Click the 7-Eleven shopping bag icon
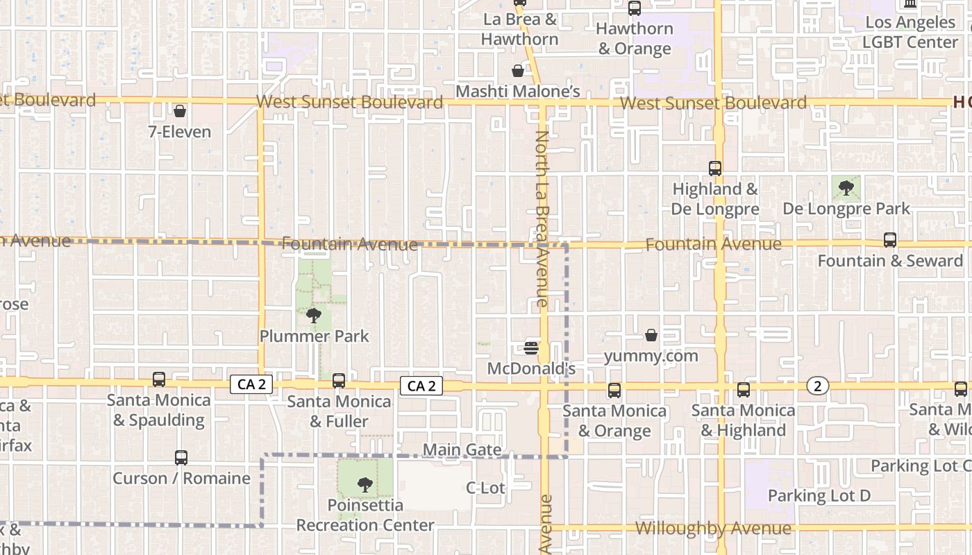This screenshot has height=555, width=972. [180, 111]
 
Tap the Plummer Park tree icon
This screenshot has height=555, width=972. [314, 316]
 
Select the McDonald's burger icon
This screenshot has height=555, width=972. [532, 348]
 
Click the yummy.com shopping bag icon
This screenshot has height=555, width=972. [651, 336]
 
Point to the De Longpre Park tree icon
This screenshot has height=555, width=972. [846, 187]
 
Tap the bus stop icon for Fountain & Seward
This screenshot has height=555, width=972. [890, 241]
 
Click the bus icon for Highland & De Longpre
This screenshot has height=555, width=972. [715, 169]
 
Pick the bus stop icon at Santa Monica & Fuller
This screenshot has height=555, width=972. [339, 381]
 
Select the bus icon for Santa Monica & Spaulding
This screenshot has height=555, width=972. [159, 379]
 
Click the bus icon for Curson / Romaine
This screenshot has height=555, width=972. [181, 458]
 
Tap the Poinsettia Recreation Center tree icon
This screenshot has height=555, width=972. [365, 485]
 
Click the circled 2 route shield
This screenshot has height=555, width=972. [818, 386]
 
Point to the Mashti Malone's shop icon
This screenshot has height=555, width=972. [518, 71]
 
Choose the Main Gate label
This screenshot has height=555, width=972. [462, 450]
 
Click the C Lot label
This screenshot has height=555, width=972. [485, 488]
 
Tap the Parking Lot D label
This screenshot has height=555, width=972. [819, 495]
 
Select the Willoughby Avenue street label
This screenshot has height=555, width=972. [713, 529]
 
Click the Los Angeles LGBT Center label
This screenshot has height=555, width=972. [910, 32]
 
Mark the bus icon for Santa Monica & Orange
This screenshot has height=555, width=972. [614, 391]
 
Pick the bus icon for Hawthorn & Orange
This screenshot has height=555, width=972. [635, 8]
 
